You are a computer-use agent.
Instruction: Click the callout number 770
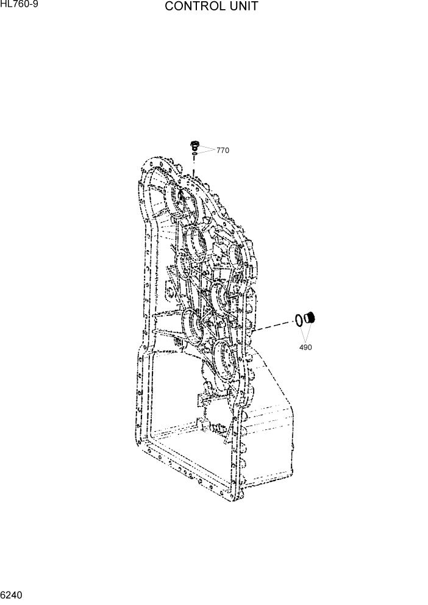click(223, 151)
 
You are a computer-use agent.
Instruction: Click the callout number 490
click(305, 348)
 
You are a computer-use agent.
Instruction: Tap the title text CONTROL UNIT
click(211, 7)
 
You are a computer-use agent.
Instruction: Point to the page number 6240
click(12, 593)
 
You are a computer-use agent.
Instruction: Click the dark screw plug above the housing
click(194, 145)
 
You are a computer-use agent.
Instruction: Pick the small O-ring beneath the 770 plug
click(194, 156)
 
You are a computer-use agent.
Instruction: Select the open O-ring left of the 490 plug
click(299, 320)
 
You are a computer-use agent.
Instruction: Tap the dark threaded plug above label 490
click(310, 317)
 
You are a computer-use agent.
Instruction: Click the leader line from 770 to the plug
click(207, 148)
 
